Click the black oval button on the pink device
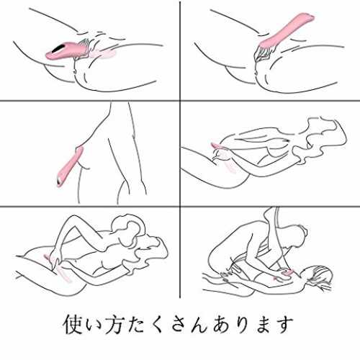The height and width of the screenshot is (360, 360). (x=58, y=48)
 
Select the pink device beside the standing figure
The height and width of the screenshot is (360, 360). (x=69, y=166)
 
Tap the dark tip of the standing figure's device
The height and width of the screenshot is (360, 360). (x=59, y=182)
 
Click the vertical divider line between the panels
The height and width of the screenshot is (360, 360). (x=180, y=149)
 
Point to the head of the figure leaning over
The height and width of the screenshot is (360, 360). (x=297, y=237)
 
